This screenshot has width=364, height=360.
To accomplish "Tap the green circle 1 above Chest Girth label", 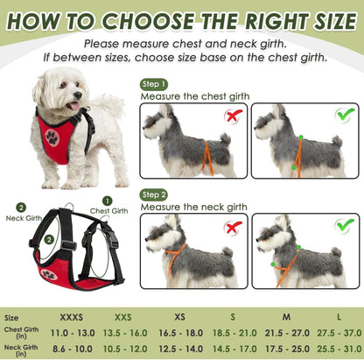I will tap(108, 201).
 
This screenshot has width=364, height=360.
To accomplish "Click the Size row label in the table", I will tap(12, 318).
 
